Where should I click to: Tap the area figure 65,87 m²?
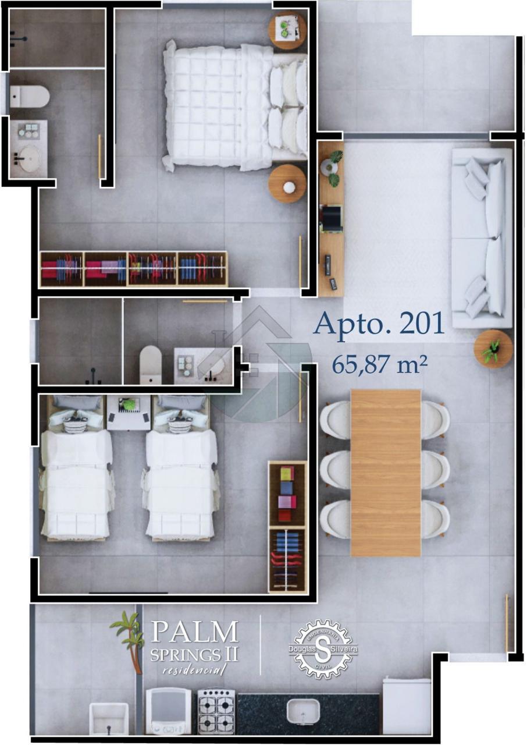379,364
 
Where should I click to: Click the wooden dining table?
386,473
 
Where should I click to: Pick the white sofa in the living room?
482,238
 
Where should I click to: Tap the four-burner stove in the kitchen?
216,712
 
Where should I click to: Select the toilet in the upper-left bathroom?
30,97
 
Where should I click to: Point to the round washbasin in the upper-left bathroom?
29,159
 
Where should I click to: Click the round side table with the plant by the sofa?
493,349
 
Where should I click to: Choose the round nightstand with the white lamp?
287,184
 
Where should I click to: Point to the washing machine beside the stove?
169,712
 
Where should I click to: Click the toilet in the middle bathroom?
151,365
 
